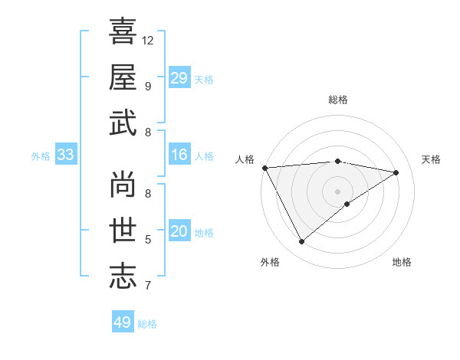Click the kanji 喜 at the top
[x=123, y=32]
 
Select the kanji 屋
[x=123, y=77]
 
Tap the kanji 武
[x=123, y=123]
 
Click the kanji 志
[x=123, y=277]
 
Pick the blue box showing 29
[x=179, y=78]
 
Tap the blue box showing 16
[x=179, y=155]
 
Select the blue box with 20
[x=179, y=231]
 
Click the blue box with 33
[x=65, y=155]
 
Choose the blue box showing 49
[x=123, y=322]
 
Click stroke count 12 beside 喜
[x=148, y=40]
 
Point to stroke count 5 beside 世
[x=147, y=240]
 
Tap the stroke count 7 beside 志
[x=147, y=286]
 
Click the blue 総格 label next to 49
[x=147, y=324]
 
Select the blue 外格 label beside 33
[x=41, y=156]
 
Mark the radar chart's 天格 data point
[x=396, y=172]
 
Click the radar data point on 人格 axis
[x=264, y=167]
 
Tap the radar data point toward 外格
[x=301, y=242]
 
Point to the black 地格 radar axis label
[x=402, y=262]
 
